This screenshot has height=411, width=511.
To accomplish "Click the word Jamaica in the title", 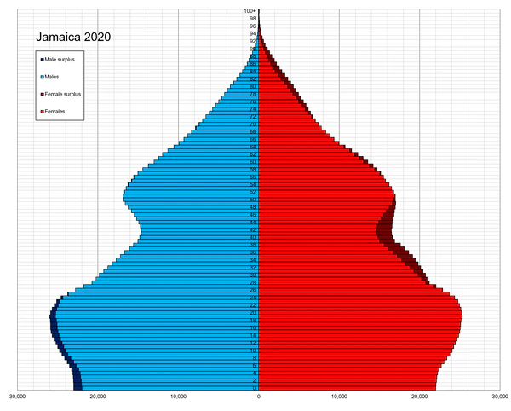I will [x=60, y=38].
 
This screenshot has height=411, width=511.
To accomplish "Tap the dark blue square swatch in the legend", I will [x=41, y=59].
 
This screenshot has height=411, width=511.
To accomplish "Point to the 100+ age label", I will [x=250, y=11].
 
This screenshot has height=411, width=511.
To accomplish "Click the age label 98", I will [x=253, y=18].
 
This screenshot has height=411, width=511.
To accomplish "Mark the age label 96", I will [x=253, y=26].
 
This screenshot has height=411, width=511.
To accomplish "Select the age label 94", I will [x=253, y=33].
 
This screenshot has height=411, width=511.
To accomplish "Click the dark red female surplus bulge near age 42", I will [x=388, y=229].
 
